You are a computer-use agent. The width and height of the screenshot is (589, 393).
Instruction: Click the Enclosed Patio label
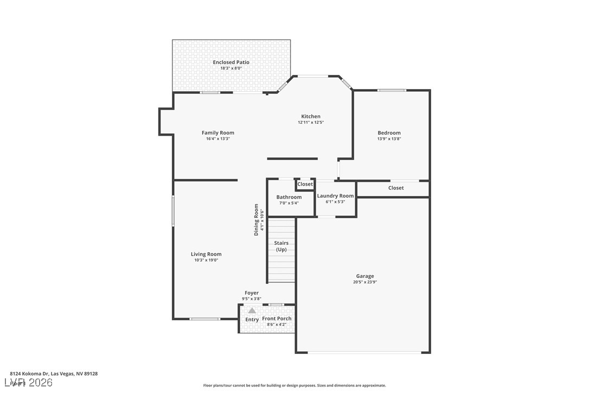231,62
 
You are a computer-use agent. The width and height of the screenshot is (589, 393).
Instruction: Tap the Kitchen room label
311,116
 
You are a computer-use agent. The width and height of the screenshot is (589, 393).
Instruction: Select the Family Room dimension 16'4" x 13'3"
217,139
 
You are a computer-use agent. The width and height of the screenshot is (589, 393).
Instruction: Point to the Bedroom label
389,133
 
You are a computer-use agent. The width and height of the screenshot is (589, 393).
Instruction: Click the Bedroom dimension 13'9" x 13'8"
389,139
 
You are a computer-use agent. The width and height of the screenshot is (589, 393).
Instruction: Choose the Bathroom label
289,197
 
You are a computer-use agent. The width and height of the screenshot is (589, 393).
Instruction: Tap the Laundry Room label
335,196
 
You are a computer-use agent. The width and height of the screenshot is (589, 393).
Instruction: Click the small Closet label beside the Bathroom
305,184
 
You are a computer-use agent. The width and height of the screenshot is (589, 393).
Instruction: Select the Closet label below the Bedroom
396,188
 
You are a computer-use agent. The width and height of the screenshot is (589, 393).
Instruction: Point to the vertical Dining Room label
256,219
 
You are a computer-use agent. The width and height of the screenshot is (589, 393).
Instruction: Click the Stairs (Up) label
281,246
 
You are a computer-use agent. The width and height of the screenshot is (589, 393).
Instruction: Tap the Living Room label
206,254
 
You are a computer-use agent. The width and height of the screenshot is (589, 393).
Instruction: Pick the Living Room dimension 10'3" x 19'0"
206,260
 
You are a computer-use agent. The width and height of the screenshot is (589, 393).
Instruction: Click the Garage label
365,276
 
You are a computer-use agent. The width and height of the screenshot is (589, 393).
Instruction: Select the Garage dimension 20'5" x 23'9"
365,282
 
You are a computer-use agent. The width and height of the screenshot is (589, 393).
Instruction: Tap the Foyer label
252,293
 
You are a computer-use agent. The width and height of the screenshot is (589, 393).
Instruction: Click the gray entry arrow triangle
252,310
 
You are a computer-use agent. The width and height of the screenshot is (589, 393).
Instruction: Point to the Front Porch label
277,319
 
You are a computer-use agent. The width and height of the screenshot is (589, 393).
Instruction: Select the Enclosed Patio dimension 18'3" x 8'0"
231,68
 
